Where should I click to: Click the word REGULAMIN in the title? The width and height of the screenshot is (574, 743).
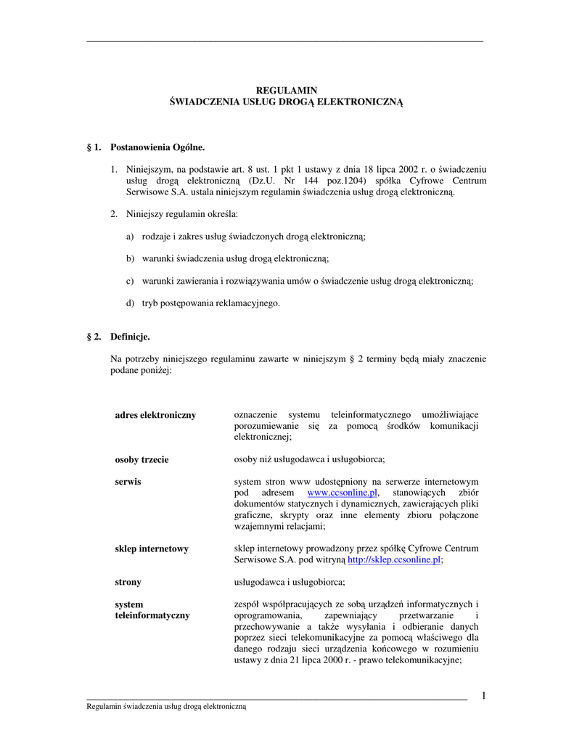[287, 91]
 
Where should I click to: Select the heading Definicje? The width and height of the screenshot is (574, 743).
[130, 337]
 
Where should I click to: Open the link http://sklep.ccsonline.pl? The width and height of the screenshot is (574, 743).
[394, 560]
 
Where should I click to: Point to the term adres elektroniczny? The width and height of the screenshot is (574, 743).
[155, 415]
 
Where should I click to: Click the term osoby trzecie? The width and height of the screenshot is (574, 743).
[142, 459]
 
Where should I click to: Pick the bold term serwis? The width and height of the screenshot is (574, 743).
[128, 481]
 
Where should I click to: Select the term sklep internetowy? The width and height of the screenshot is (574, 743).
[152, 549]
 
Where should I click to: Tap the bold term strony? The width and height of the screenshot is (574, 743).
[128, 582]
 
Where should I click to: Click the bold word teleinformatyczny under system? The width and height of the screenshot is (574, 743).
[152, 615]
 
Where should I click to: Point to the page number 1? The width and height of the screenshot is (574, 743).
[483, 697]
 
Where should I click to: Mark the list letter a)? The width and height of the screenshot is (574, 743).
[130, 237]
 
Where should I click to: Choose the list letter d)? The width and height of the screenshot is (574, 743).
[130, 303]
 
